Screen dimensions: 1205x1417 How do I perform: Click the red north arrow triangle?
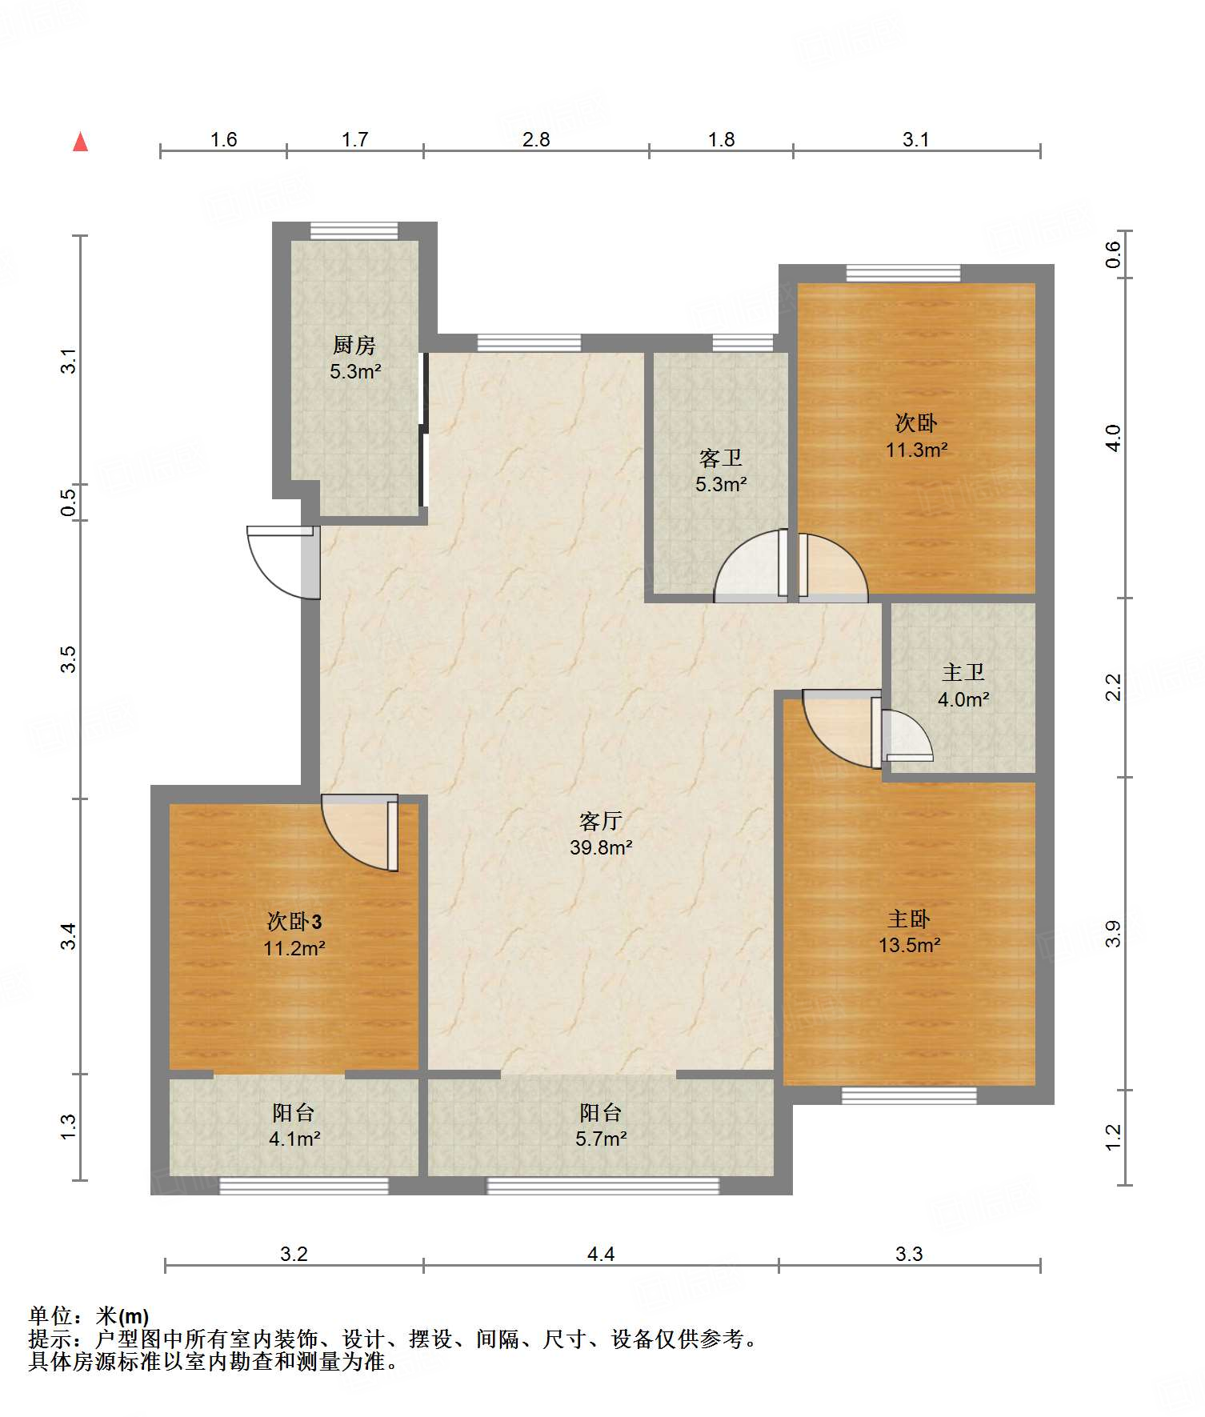pos(80,142)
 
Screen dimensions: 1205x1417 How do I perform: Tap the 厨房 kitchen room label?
pos(354,345)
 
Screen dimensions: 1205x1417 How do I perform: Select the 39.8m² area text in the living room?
pos(601,847)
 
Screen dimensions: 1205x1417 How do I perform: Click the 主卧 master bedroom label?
pos(909,919)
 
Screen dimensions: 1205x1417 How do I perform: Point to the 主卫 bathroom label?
pos(963,673)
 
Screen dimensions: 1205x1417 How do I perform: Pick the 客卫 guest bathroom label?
pos(721,458)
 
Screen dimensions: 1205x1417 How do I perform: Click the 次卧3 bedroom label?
pos(294,922)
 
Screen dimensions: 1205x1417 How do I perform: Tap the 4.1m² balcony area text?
pos(294,1139)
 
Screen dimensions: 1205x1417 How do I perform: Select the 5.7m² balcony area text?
pos(601,1139)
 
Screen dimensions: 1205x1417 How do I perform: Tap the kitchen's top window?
pos(354,230)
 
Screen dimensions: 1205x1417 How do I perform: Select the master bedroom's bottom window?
pos(909,1095)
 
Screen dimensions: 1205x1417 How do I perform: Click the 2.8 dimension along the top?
pos(536,140)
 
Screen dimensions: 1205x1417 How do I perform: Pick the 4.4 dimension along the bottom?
pos(601,1254)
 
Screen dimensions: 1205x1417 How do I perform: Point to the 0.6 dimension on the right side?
pos(1113,254)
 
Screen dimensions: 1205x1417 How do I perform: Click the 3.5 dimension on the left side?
pos(69,659)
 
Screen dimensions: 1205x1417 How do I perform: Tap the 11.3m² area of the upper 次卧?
pos(917,450)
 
